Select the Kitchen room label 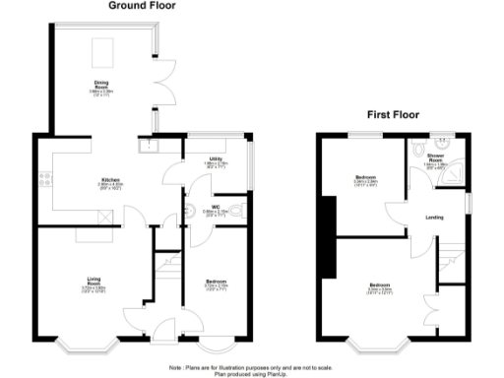click(111, 182)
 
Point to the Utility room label click(213, 159)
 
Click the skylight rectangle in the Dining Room click(103, 49)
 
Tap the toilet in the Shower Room click(420, 149)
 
